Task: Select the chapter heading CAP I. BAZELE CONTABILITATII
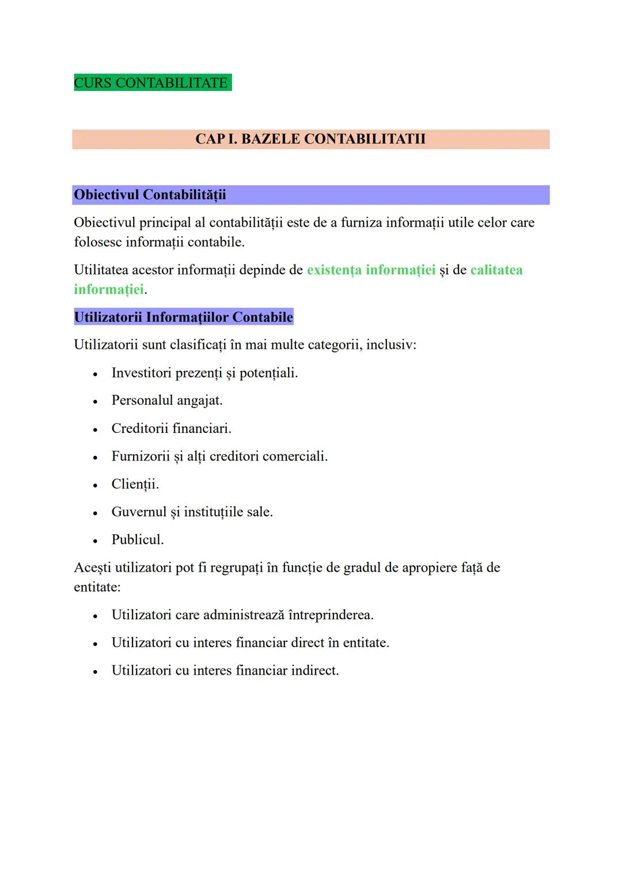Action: pyautogui.click(x=310, y=139)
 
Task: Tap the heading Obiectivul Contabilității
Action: pyautogui.click(x=150, y=195)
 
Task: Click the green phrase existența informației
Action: pyautogui.click(x=371, y=270)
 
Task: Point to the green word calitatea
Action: pyautogui.click(x=496, y=270)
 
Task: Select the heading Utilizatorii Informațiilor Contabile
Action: pyautogui.click(x=183, y=317)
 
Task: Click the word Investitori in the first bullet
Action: pyautogui.click(x=141, y=373)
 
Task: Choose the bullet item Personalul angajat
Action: pyautogui.click(x=167, y=401)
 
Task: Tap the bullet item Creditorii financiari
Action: pyautogui.click(x=171, y=428)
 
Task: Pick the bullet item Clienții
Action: pyautogui.click(x=135, y=484)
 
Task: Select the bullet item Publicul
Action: pyautogui.click(x=138, y=540)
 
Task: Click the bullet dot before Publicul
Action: pyautogui.click(x=95, y=541)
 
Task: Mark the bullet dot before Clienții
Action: pyautogui.click(x=95, y=485)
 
